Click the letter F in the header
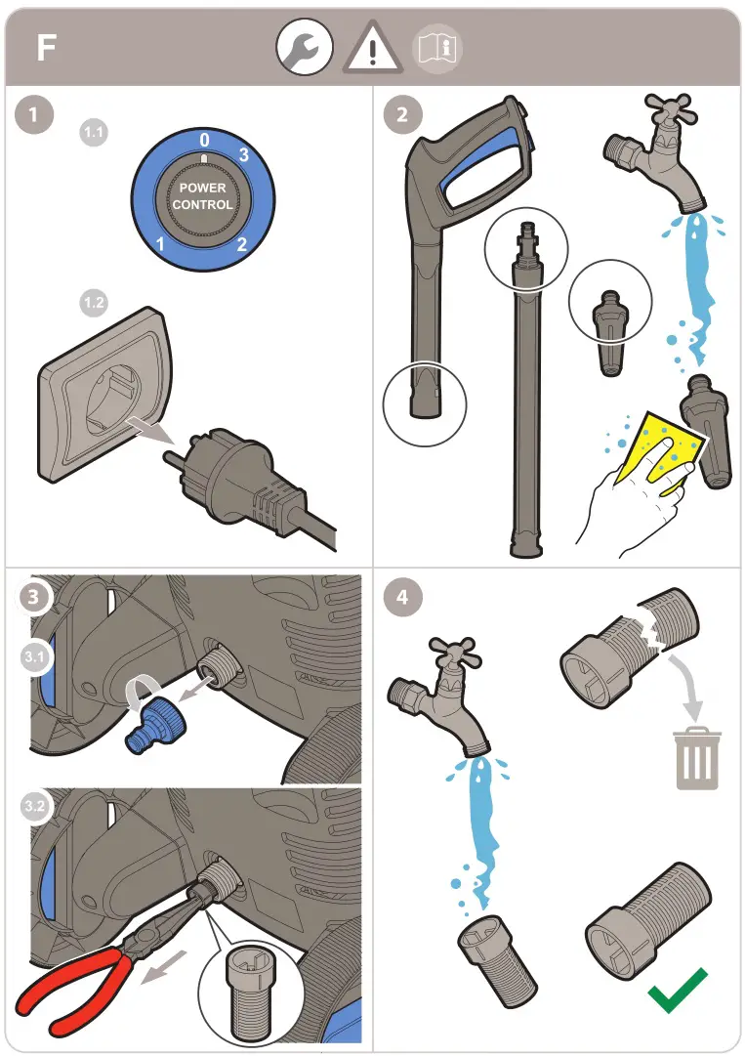click(x=46, y=48)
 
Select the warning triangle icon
click(x=370, y=49)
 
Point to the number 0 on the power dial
click(x=204, y=141)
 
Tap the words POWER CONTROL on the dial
click(x=203, y=196)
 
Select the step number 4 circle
click(x=402, y=597)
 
